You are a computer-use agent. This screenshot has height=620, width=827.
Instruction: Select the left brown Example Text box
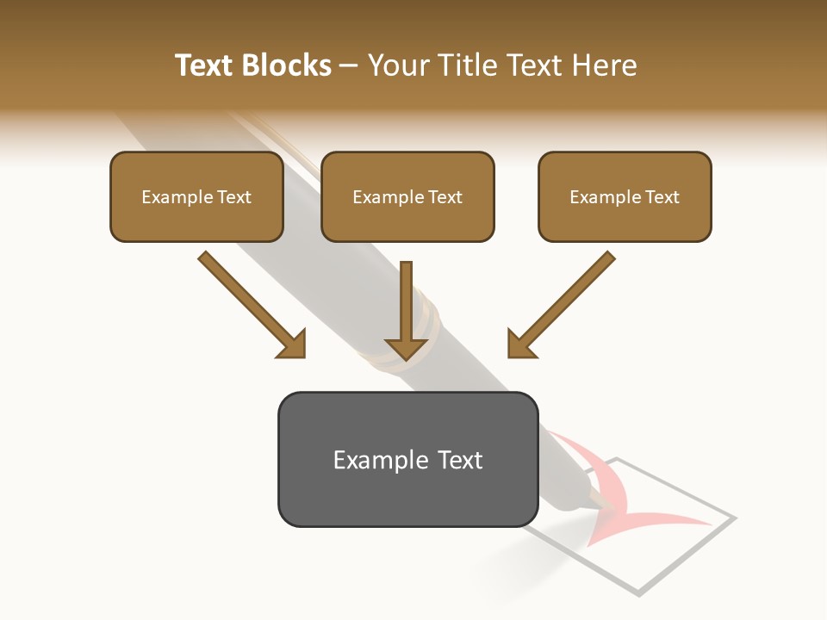click(x=196, y=196)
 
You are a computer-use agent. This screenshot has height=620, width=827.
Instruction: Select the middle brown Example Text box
click(x=407, y=196)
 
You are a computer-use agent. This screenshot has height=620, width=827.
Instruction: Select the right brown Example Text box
click(x=625, y=196)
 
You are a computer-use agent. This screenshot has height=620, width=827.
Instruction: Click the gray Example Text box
click(x=407, y=459)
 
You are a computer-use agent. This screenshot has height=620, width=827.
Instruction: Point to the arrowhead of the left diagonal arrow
click(x=293, y=344)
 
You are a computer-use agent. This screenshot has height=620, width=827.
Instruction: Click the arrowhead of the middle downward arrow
click(x=407, y=348)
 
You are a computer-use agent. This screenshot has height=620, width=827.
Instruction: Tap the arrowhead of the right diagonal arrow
click(x=520, y=344)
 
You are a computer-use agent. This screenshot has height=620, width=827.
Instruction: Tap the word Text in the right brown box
click(x=662, y=197)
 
